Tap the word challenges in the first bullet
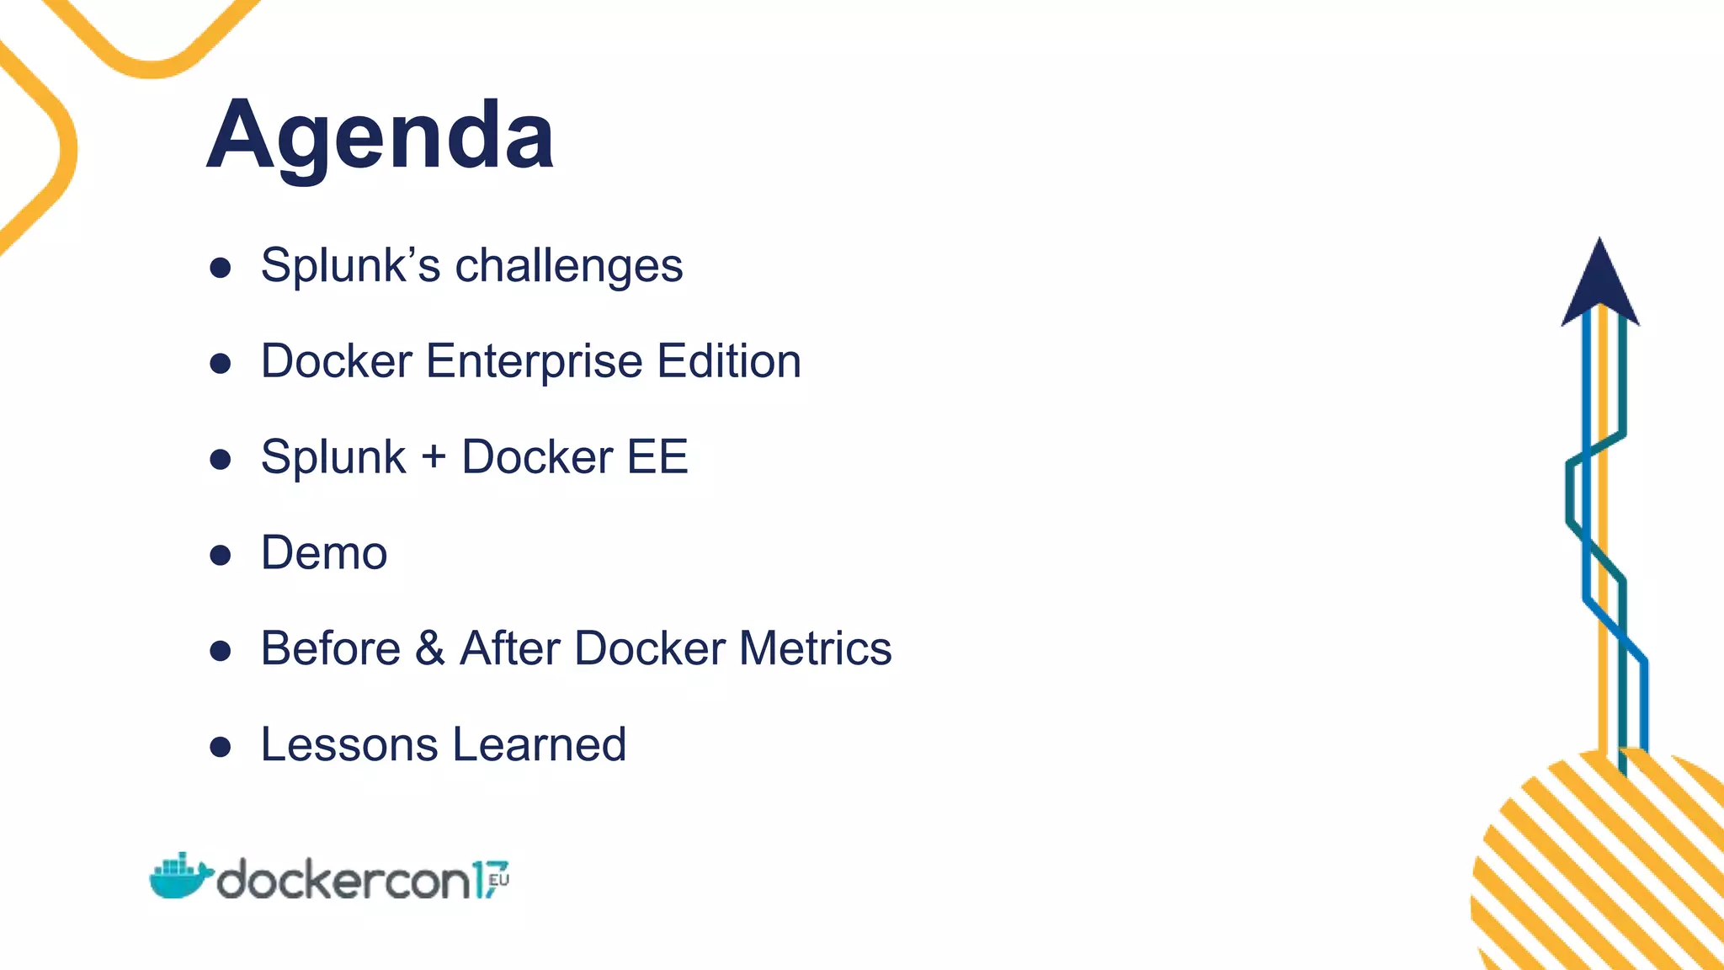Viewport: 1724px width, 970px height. point(569,266)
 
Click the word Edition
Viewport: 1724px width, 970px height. point(729,362)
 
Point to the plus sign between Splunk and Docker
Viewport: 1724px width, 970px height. point(434,458)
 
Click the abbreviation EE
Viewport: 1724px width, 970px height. point(657,457)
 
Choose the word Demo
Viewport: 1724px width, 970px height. point(324,553)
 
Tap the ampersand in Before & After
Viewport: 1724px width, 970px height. point(429,649)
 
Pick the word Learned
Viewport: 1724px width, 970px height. point(540,745)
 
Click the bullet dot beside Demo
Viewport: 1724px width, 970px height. point(221,555)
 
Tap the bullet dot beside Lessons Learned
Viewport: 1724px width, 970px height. point(221,747)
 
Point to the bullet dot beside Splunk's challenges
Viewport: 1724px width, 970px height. point(221,268)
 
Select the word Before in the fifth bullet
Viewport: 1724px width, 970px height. point(331,649)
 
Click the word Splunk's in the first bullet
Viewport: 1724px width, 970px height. point(350,266)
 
